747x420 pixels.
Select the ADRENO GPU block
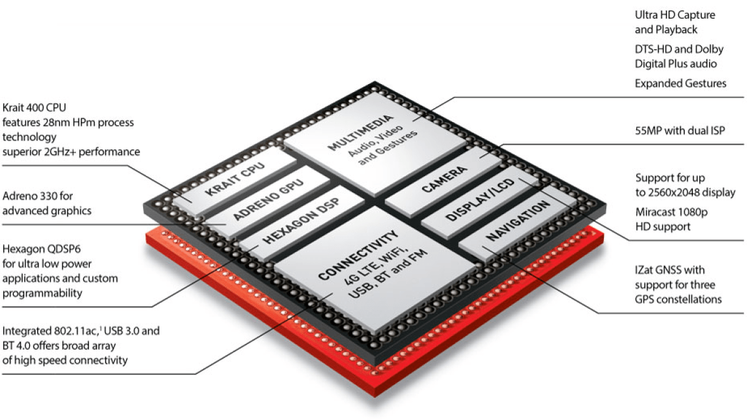tap(269, 199)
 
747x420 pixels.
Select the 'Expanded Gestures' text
tap(680, 83)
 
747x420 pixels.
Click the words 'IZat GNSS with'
tap(670, 270)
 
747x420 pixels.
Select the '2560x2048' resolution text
tap(695, 192)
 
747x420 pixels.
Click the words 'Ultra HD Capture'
tap(675, 15)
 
